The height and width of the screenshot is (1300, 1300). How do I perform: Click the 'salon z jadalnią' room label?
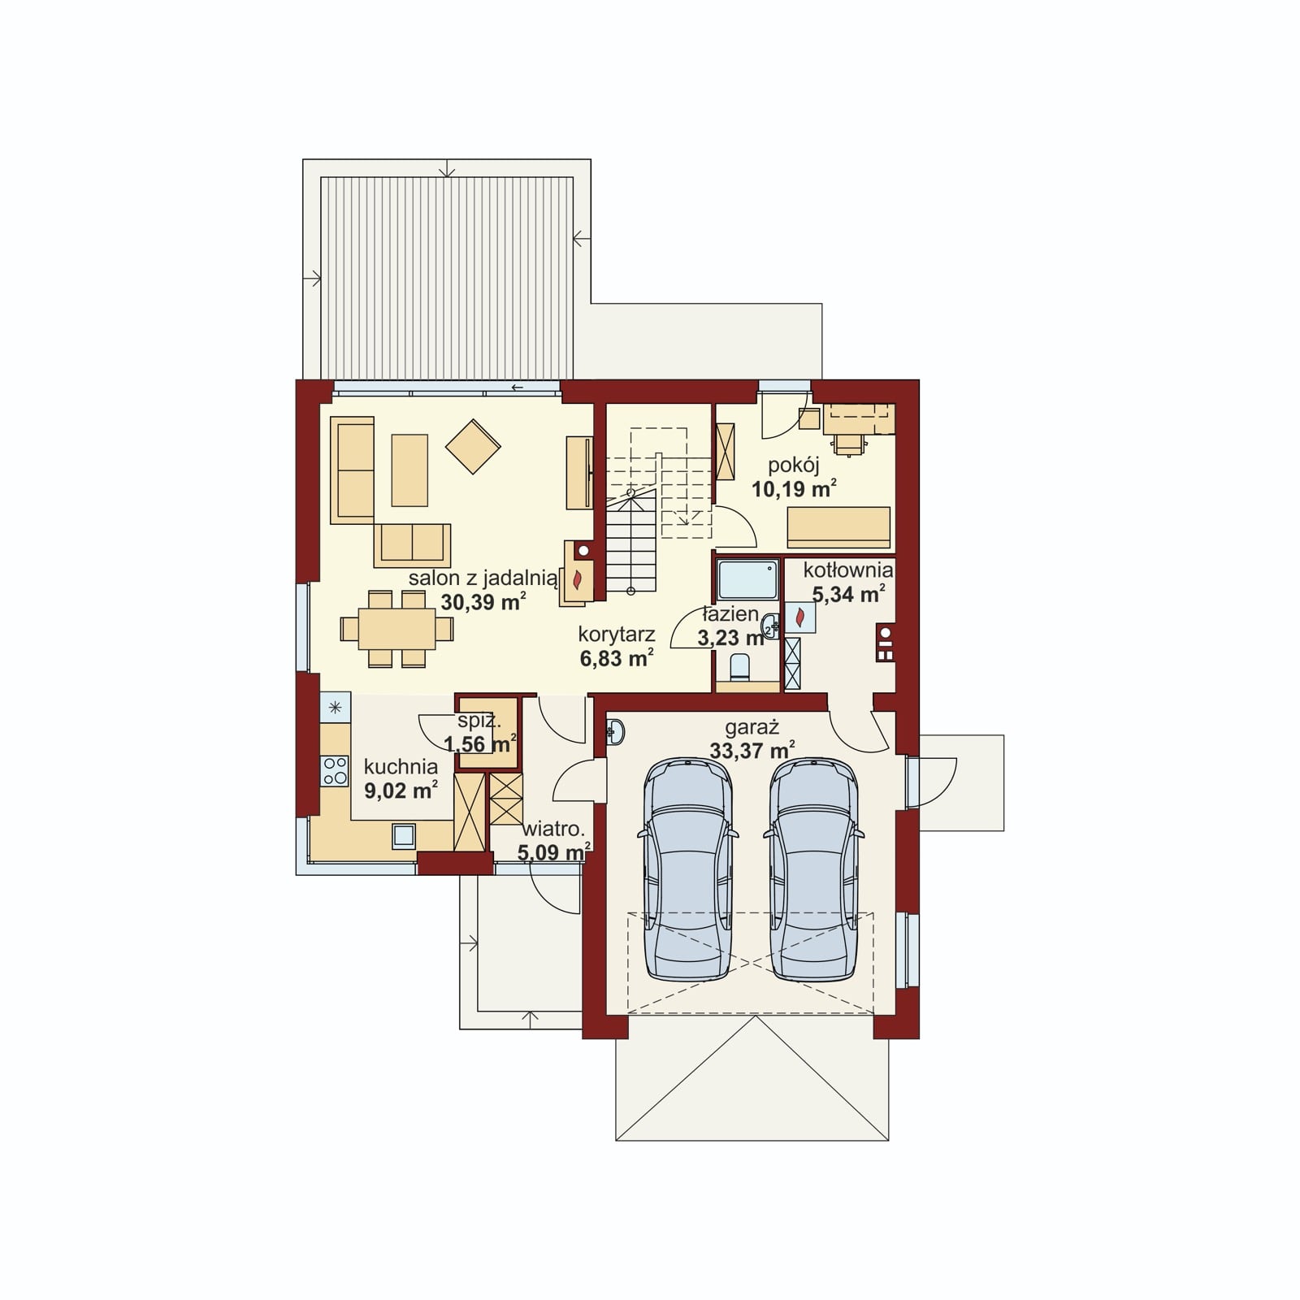[x=483, y=578]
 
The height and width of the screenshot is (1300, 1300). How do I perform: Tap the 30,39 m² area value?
[x=483, y=602]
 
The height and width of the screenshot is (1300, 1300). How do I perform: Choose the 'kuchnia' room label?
[x=401, y=766]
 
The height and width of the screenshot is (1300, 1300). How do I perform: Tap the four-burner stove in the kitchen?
[x=335, y=770]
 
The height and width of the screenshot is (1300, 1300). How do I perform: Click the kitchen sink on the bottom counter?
[x=404, y=835]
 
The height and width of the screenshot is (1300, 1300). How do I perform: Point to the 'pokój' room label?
[x=793, y=466]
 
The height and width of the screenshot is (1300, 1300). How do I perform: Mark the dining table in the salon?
[x=397, y=629]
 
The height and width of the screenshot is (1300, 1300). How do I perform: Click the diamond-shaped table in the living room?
[x=473, y=445]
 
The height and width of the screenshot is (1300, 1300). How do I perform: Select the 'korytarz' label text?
[x=617, y=634]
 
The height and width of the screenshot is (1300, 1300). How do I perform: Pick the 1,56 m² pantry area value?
[x=480, y=743]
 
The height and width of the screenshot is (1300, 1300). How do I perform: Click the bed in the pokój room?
[x=838, y=527]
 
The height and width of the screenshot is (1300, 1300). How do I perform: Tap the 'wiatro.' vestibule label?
[x=554, y=830]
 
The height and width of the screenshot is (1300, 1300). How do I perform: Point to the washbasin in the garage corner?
[x=615, y=732]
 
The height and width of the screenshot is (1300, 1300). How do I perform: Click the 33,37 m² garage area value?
[x=752, y=750]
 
